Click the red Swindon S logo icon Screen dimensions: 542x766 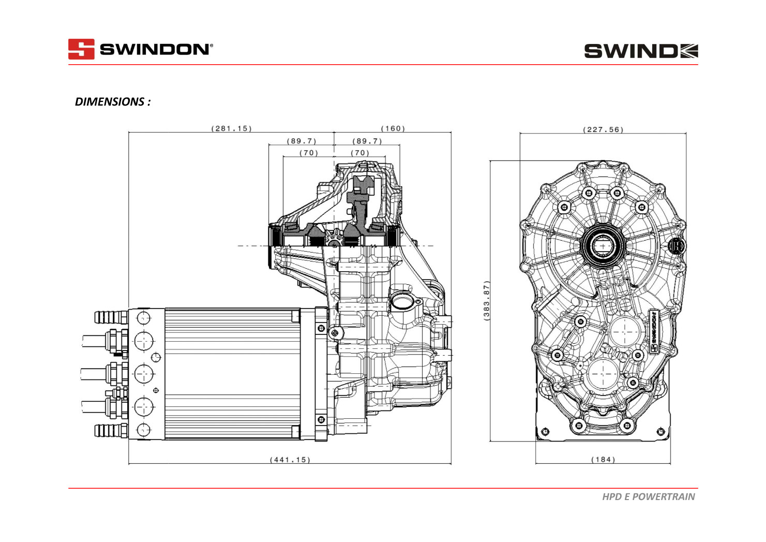coord(81,49)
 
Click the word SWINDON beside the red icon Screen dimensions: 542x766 coord(155,50)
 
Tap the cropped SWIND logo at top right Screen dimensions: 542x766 coord(641,51)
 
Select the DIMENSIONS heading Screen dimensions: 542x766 coord(113,101)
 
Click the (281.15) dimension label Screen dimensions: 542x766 coord(231,128)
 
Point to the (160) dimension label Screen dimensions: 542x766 coord(393,128)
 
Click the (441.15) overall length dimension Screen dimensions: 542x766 coord(290,460)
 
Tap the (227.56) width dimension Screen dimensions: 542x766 coord(603,129)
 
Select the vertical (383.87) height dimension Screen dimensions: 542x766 coord(486,300)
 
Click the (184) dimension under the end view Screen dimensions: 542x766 coord(603,460)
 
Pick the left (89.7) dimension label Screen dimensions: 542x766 coord(302,141)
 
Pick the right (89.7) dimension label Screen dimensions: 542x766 coord(367,141)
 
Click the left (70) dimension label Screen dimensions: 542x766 coord(309,153)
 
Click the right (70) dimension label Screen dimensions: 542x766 coord(360,153)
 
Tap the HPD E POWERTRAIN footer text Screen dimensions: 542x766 coord(648,497)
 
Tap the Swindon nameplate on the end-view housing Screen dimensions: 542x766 coord(653,332)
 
